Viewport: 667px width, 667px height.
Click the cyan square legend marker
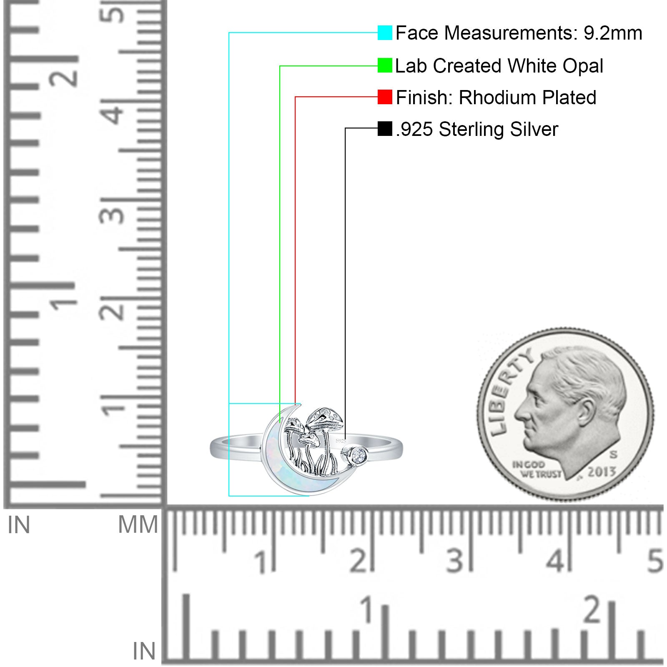click(385, 33)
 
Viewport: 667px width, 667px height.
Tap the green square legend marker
click(385, 65)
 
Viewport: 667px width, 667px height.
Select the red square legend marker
click(385, 97)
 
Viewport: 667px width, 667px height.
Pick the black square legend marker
click(385, 129)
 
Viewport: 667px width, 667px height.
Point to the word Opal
click(583, 66)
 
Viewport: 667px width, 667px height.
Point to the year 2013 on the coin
click(602, 472)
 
